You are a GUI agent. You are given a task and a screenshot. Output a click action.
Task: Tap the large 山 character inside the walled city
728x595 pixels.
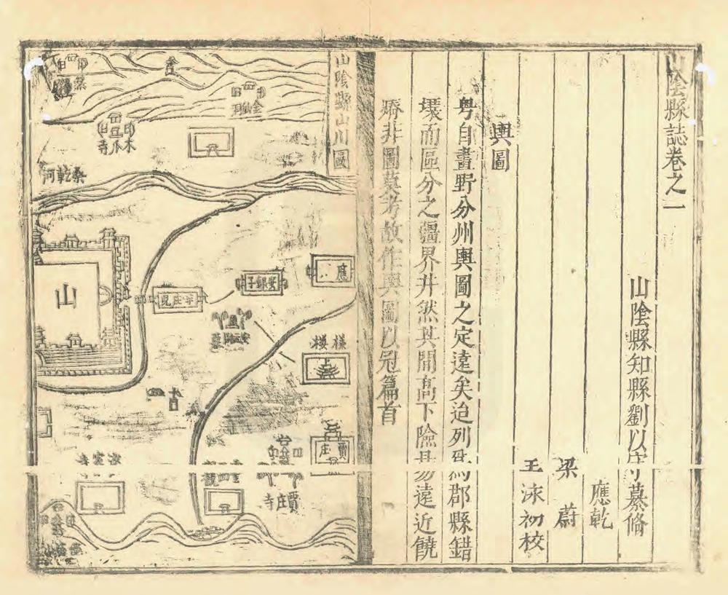click(x=67, y=296)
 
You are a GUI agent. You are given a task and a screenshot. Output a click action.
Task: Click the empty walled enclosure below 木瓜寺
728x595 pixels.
click(x=210, y=143)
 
